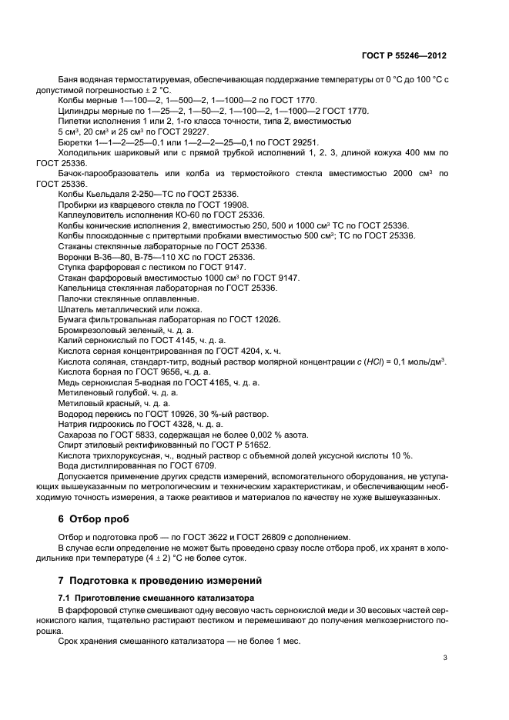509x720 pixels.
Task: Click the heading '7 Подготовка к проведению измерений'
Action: click(159, 579)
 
